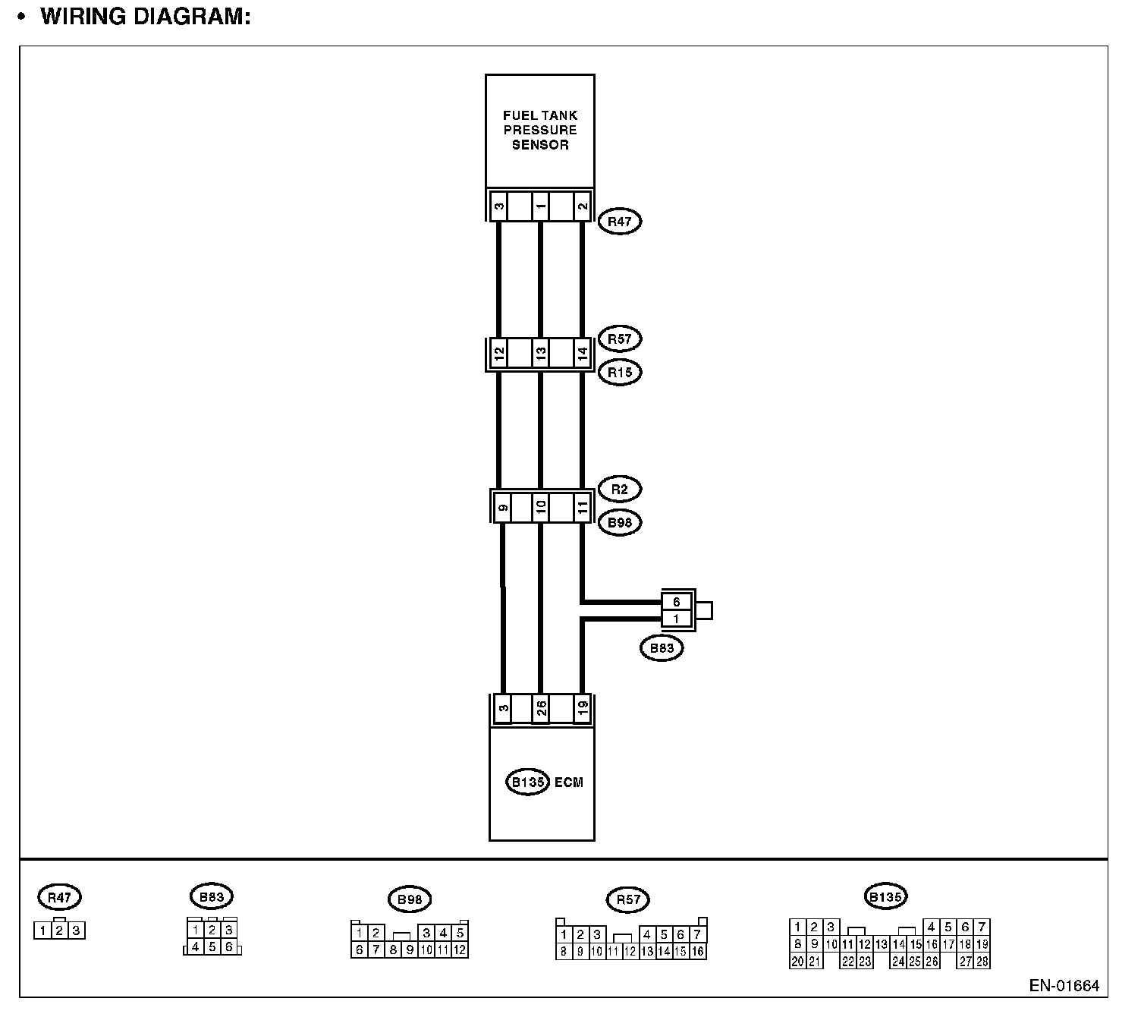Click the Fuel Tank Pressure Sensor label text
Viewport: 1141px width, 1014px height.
[x=539, y=130]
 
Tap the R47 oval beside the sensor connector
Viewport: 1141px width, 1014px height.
[x=620, y=222]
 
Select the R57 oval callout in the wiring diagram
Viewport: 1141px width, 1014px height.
[x=620, y=339]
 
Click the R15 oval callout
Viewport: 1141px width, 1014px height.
[x=620, y=372]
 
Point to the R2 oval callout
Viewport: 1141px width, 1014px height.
[x=620, y=489]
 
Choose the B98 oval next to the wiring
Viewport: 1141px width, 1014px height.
[x=620, y=522]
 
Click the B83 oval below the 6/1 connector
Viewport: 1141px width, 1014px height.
[x=662, y=648]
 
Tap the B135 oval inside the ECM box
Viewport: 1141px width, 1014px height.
[x=527, y=782]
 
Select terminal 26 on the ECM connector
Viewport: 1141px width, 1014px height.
[x=540, y=709]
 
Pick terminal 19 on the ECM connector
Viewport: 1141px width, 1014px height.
[x=582, y=709]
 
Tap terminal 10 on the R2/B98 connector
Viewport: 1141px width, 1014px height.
[x=540, y=507]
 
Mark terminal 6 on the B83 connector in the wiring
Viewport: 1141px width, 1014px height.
[x=677, y=602]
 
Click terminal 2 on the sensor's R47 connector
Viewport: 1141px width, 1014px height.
[x=582, y=206]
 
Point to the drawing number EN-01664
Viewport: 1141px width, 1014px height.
[x=1064, y=986]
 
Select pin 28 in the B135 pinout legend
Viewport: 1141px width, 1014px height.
[x=982, y=962]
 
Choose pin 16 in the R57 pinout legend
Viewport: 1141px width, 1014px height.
[x=697, y=951]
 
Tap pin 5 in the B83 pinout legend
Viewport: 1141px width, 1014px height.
[x=212, y=946]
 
